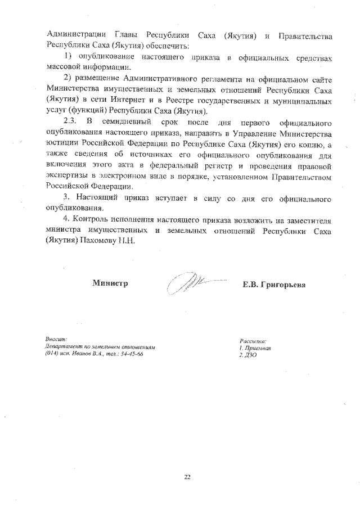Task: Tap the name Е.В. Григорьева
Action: pyautogui.click(x=274, y=284)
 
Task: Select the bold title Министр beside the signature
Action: pyautogui.click(x=110, y=283)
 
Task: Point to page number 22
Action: pyautogui.click(x=187, y=478)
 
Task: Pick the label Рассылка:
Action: pyautogui.click(x=253, y=341)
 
